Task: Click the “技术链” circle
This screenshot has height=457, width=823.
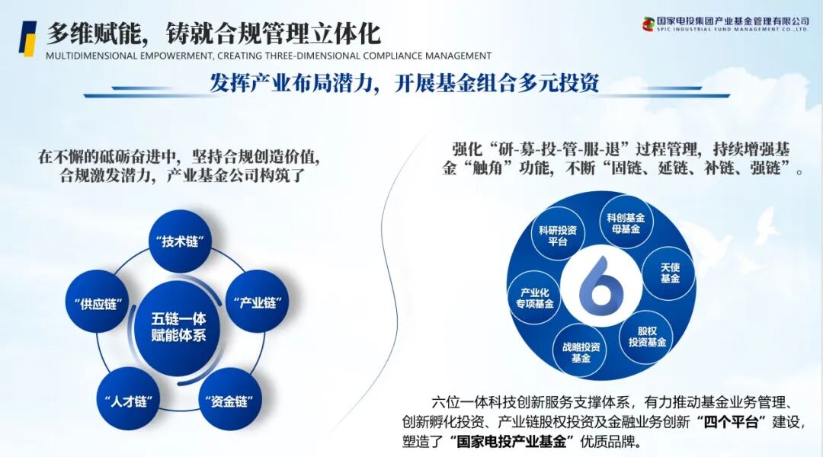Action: click(181, 241)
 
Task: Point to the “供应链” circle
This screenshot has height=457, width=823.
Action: click(96, 302)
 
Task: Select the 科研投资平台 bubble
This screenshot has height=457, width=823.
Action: click(558, 235)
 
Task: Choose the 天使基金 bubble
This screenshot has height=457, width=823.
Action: click(670, 272)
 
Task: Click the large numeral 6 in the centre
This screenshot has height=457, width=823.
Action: click(602, 286)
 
